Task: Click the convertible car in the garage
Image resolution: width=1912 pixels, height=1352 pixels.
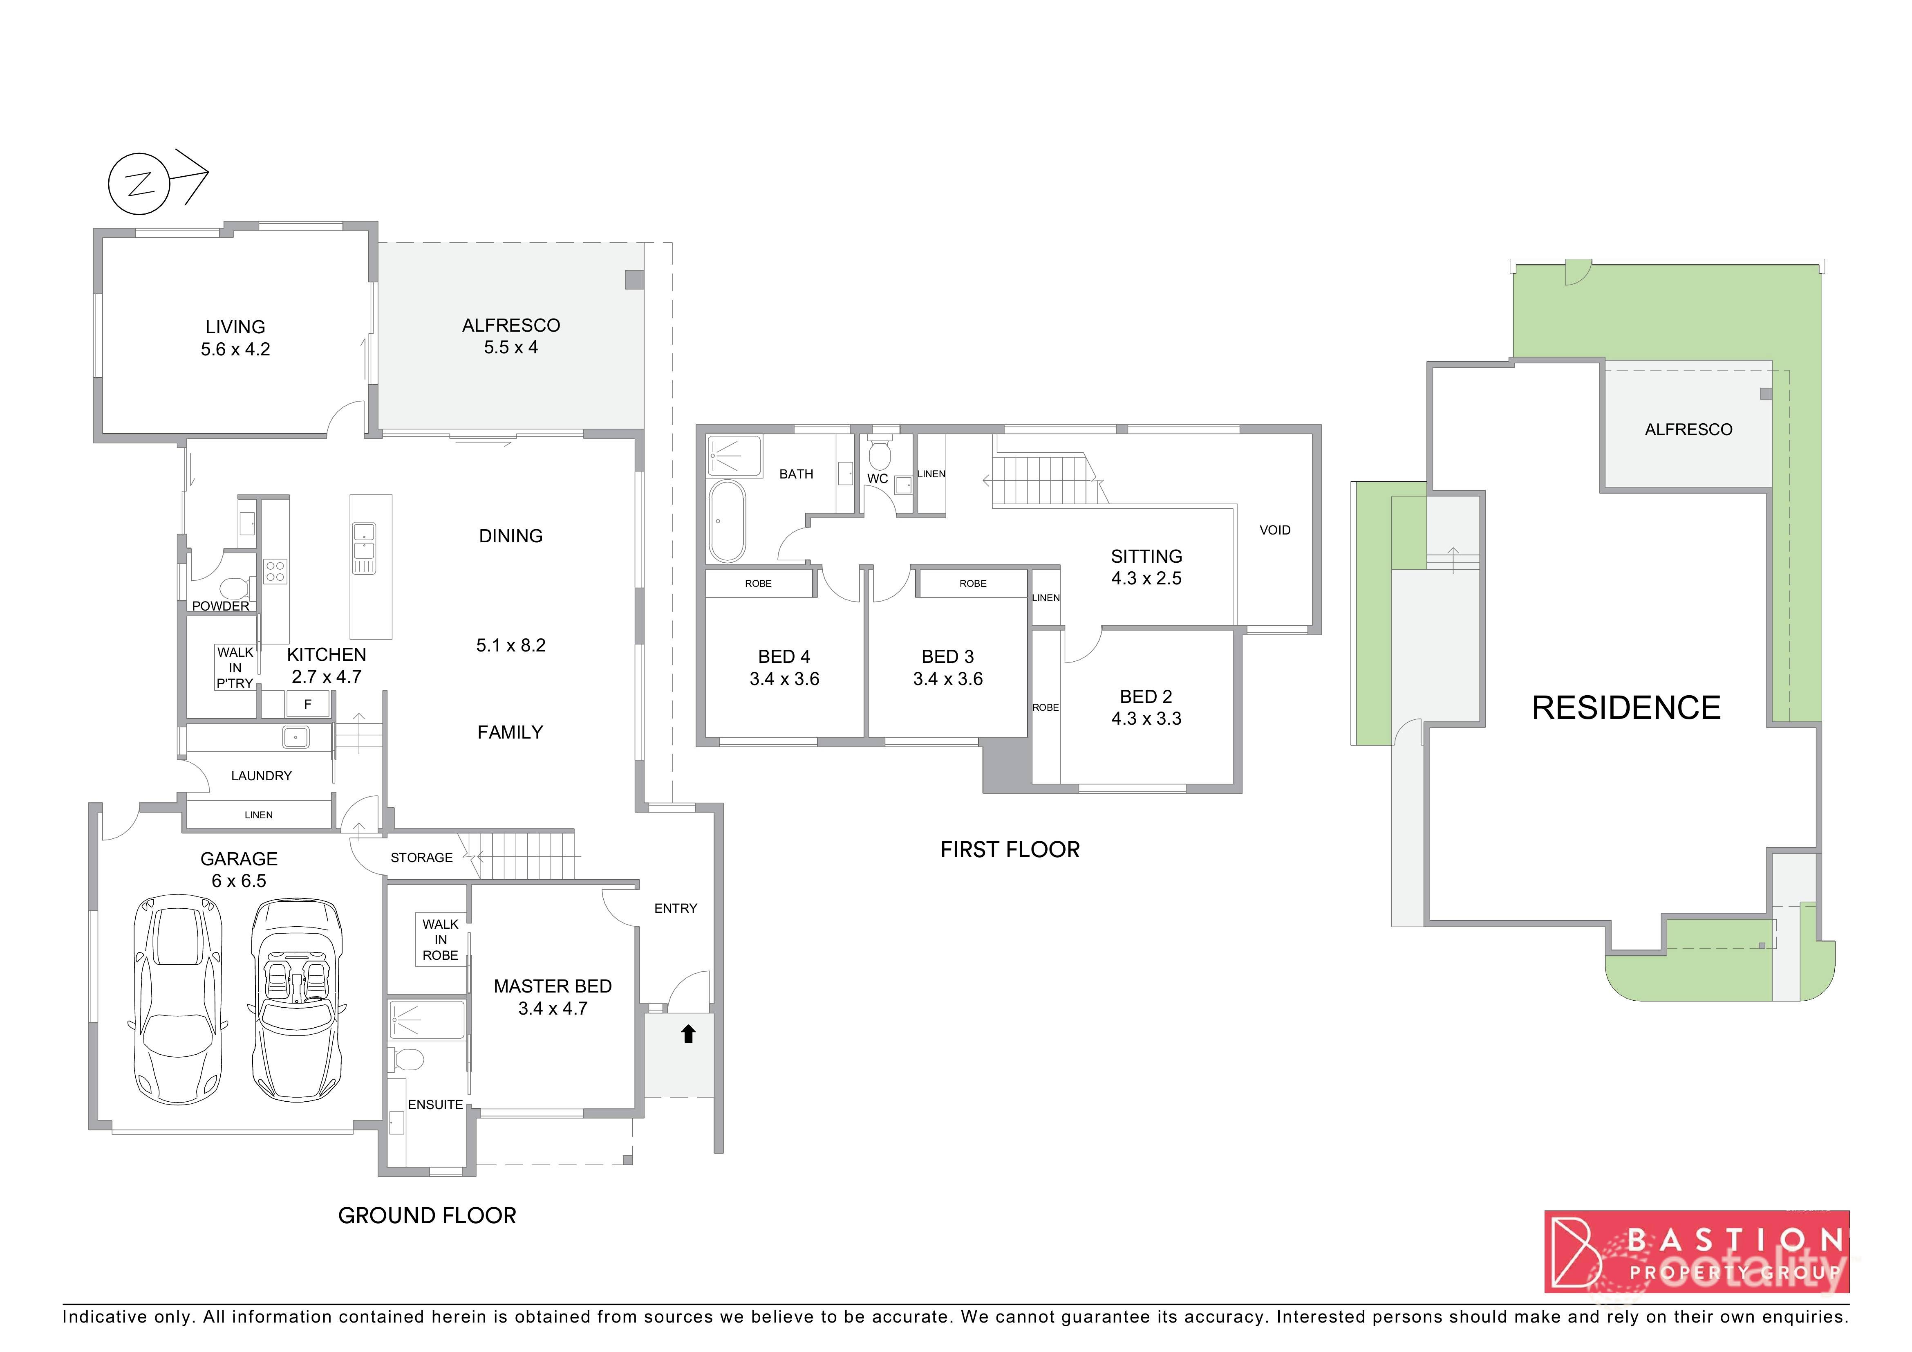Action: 296,999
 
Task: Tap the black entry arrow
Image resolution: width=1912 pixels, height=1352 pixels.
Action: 688,1034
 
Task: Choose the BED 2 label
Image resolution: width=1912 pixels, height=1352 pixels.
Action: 1146,696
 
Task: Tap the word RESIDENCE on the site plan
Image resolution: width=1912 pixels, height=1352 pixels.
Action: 1625,708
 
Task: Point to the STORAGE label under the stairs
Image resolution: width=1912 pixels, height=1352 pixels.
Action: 421,857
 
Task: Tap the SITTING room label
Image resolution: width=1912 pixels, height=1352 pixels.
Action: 1146,557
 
